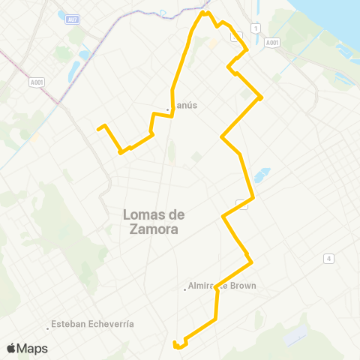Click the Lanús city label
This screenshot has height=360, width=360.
[184, 106]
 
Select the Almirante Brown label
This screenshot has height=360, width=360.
[223, 286]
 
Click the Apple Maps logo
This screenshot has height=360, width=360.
[27, 348]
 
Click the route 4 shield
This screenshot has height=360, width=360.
[328, 259]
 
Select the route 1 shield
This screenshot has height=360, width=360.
[256, 28]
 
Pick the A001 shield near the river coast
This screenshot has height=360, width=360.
[271, 43]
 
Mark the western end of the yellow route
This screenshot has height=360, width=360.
[98, 129]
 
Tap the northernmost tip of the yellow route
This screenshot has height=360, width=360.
[202, 12]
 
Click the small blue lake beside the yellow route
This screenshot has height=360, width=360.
[262, 176]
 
